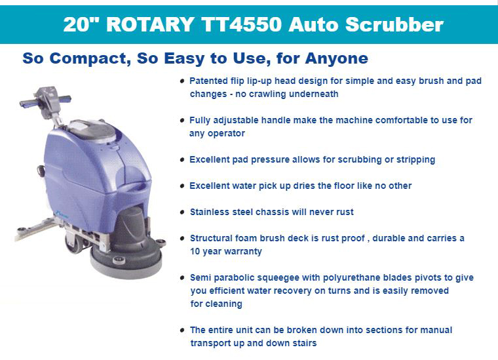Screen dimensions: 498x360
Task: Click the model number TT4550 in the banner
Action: (241, 24)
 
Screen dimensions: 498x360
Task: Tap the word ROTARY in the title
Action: (150, 24)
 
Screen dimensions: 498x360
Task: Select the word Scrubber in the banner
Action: (394, 24)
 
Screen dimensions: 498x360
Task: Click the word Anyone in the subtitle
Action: (336, 59)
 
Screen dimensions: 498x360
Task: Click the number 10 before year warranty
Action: (195, 251)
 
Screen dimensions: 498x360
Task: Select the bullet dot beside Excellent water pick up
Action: (182, 186)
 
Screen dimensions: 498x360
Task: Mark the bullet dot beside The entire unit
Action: (182, 330)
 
